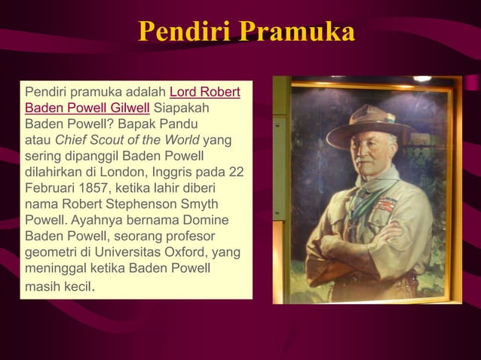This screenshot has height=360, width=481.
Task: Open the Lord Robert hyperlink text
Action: (x=206, y=93)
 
